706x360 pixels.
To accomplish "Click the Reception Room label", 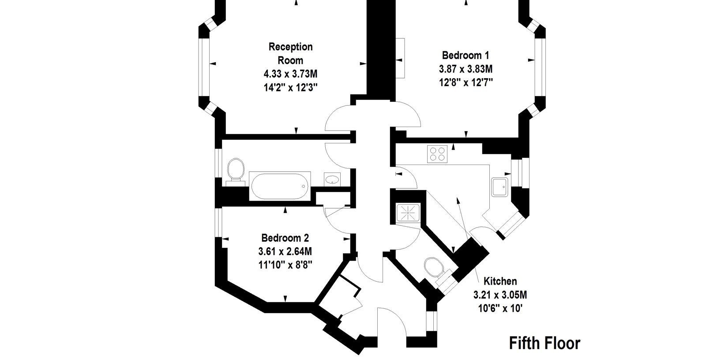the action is click(x=290, y=53).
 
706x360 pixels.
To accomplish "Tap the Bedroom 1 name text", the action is click(x=466, y=56).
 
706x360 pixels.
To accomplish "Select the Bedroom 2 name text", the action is click(x=285, y=238).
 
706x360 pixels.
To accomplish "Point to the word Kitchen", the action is click(x=500, y=281).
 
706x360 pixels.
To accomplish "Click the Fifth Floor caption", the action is click(x=545, y=343).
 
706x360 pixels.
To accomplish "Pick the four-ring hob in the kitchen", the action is click(x=437, y=154).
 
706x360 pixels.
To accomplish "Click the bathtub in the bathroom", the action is click(x=280, y=186).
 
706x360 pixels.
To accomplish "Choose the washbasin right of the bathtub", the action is click(x=332, y=180).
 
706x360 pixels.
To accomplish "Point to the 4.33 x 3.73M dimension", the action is click(x=290, y=74).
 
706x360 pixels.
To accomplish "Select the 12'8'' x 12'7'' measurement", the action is click(x=466, y=82).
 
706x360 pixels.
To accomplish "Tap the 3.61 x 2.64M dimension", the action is click(x=285, y=251).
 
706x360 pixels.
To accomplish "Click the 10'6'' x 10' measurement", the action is click(x=500, y=308).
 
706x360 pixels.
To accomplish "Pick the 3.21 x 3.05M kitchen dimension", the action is click(x=500, y=295).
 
